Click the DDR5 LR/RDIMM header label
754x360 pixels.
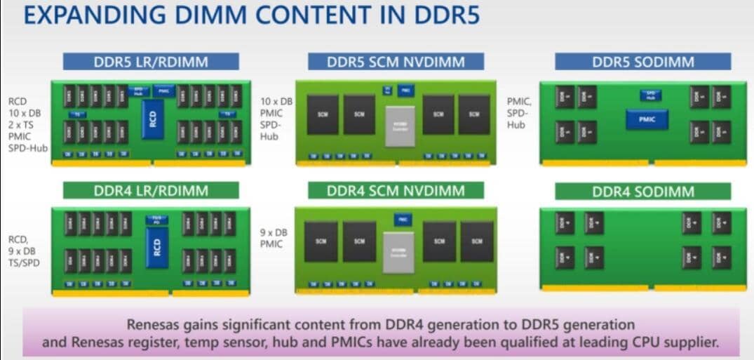coord(151,62)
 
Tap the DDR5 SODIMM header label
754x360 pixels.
coord(642,62)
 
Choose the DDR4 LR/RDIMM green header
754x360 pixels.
coord(151,190)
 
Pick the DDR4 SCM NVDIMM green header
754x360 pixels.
coord(396,190)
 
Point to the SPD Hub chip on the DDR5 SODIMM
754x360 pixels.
coord(649,95)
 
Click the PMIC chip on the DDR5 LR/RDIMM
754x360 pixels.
coord(163,91)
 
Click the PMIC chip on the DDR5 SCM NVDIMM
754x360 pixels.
coord(405,90)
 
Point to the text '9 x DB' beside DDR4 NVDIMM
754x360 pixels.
coord(272,232)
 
